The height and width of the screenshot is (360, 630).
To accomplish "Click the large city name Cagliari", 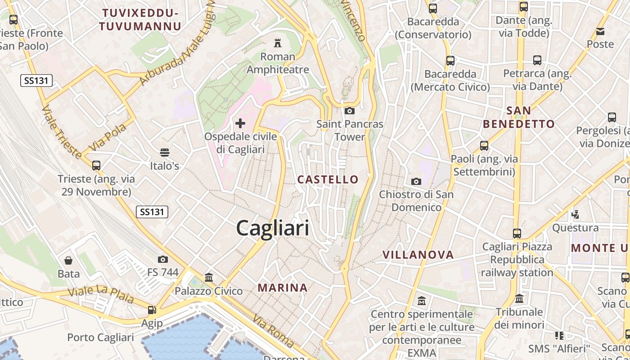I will [273, 228].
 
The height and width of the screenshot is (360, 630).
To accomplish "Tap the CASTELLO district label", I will [328, 180].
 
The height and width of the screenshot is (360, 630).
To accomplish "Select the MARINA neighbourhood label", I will [283, 288].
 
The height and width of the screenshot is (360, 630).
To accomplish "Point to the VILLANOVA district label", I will [418, 255].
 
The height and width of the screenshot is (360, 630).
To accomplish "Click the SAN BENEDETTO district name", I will [518, 117].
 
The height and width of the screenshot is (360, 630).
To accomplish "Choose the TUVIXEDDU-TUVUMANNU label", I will [140, 19].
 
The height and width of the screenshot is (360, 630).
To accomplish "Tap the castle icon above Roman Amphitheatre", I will [278, 43].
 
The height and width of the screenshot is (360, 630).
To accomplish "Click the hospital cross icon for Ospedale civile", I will [240, 123].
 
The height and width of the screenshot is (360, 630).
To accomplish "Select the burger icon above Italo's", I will [165, 153].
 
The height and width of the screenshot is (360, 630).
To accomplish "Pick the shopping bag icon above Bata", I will [68, 261].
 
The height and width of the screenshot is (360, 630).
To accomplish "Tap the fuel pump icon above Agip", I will [152, 310].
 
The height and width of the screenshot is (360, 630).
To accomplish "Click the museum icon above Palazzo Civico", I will [209, 277].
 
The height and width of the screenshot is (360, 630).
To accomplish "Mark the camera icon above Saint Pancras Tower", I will [350, 111].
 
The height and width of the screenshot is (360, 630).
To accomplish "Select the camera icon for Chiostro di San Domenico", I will [416, 181].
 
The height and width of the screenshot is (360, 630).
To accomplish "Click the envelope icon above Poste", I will [600, 31].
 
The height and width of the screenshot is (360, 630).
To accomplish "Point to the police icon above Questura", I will [575, 214].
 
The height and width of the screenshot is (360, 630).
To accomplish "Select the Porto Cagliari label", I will [100, 337].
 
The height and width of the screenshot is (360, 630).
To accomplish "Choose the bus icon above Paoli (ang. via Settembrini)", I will [484, 146].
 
